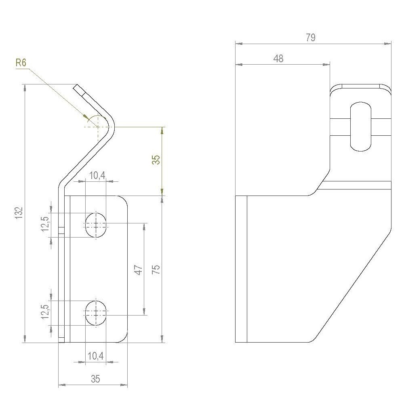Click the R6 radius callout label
coord(21,63)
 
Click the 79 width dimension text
coord(310,38)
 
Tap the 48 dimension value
coord(278,59)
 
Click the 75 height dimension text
coord(156,269)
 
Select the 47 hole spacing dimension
coord(138,269)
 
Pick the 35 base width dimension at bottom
coord(95,379)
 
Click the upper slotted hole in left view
coord(96,224)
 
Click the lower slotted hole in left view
coord(96,312)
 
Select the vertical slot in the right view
coord(360,127)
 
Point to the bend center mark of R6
coord(97,126)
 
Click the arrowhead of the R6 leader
coord(87,117)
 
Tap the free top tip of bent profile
coord(76,86)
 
